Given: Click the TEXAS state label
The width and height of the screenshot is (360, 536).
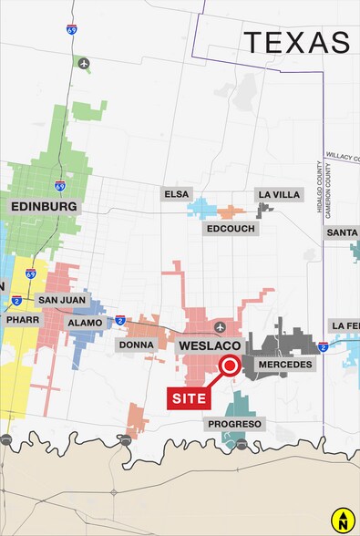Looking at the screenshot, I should point(296,42).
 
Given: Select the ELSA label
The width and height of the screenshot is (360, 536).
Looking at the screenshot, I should point(175,194).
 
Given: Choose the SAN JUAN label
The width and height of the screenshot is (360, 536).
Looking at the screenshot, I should point(61,299).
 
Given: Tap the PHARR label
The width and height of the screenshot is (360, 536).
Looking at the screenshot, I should point(18,322).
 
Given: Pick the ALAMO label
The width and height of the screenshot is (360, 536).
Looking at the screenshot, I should point(85,322).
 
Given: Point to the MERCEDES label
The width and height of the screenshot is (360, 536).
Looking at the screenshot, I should point(285,364).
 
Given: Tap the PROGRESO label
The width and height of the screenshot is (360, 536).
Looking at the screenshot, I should point(235,424).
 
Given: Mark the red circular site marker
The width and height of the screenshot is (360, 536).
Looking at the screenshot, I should point(229,366).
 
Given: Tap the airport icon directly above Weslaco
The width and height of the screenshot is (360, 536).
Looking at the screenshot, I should point(219,326).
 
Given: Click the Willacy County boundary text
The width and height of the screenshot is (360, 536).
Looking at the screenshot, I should point(342,156).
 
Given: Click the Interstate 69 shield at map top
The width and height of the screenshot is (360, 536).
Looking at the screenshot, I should point(71,29).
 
